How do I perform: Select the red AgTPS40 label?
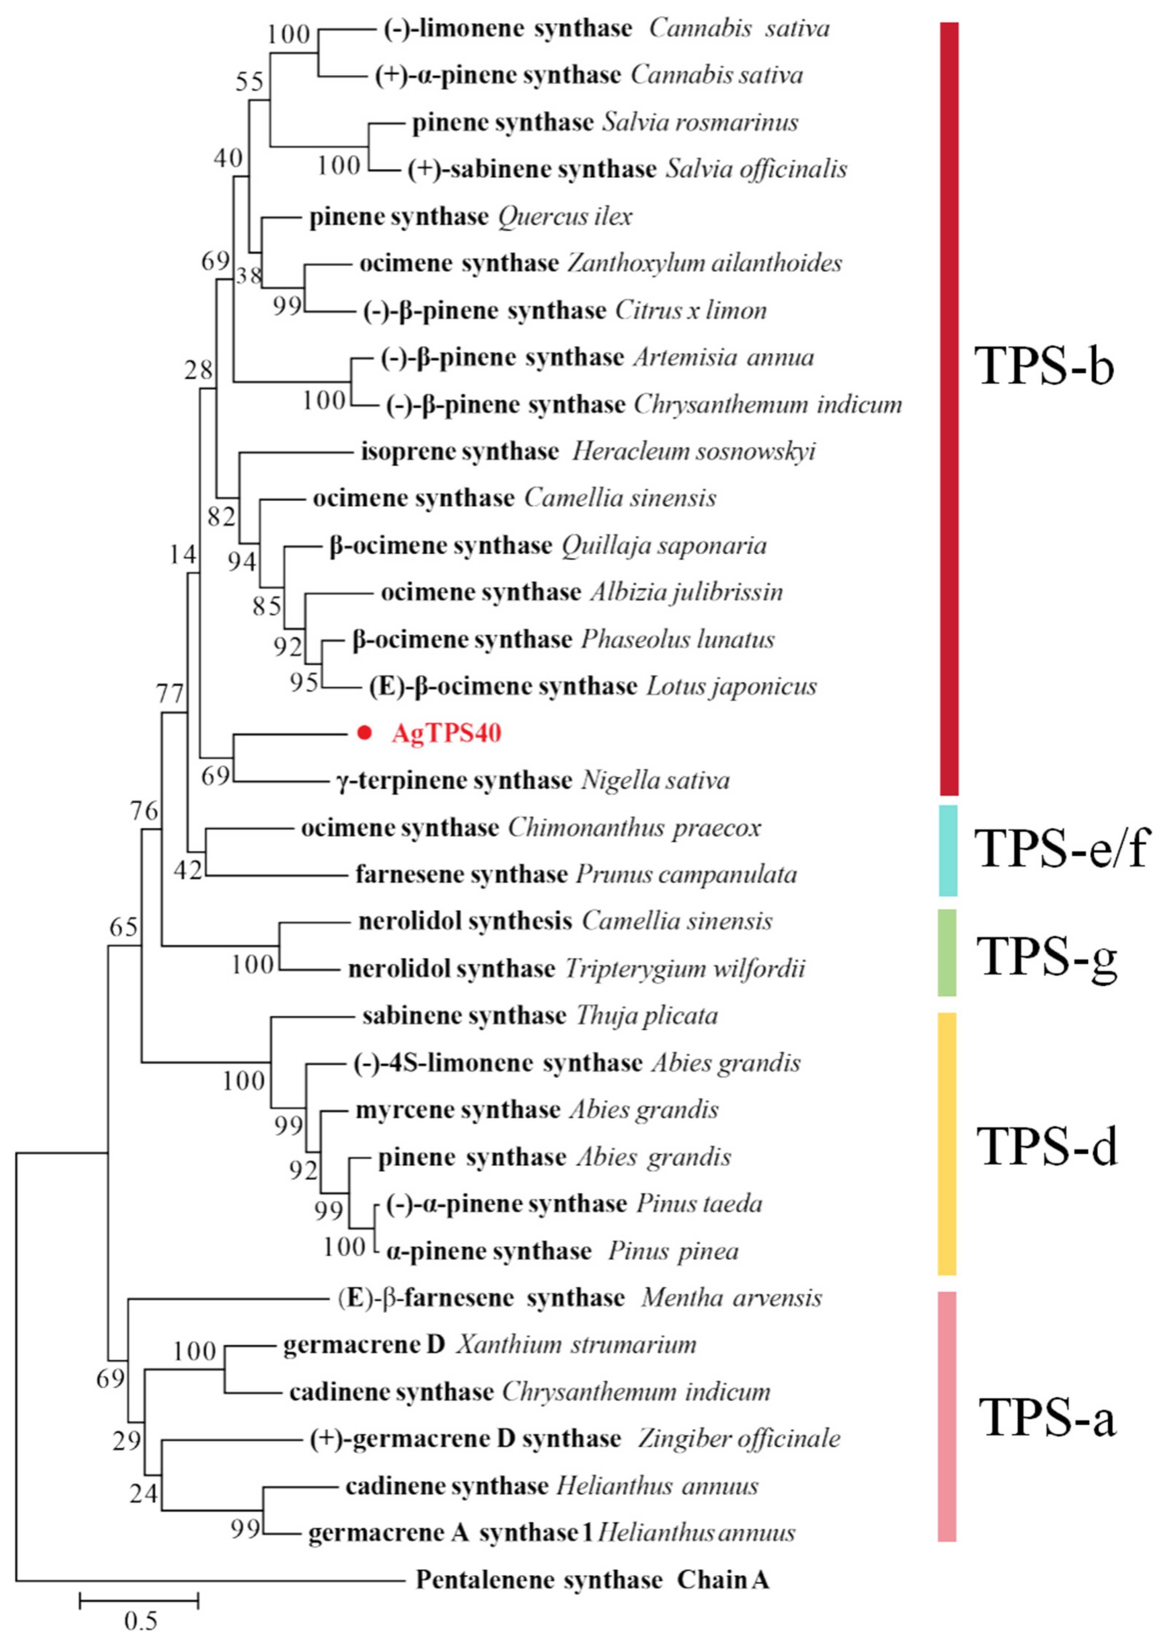(446, 733)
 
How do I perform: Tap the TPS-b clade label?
(1044, 366)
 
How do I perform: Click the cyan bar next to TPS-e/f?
(948, 850)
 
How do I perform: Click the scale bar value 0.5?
(140, 1620)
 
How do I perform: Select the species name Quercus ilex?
(565, 216)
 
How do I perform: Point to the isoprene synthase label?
(460, 451)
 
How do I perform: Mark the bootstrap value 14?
(182, 555)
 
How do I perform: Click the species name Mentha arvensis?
(732, 1298)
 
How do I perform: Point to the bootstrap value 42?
(188, 870)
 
